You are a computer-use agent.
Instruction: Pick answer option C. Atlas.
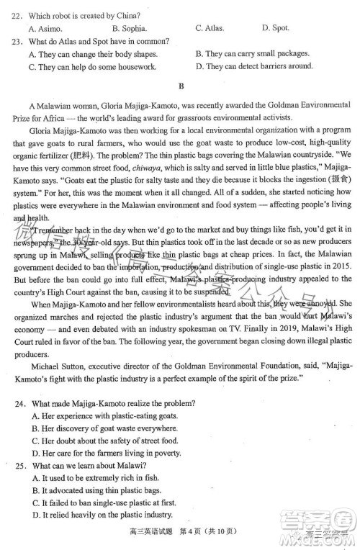click(210, 29)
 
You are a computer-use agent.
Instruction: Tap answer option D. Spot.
click(275, 29)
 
